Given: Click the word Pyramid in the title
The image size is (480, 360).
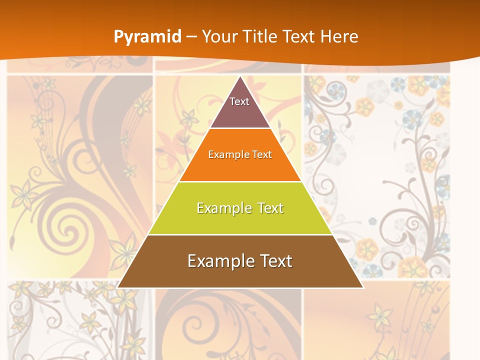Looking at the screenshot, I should pyautogui.click(x=147, y=36).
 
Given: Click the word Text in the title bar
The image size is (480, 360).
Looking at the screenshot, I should pyautogui.click(x=299, y=36).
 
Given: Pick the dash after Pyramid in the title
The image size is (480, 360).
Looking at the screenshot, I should pyautogui.click(x=191, y=37).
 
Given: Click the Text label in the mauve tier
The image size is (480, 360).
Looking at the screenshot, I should pyautogui.click(x=239, y=101).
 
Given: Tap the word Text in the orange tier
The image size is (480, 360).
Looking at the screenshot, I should pyautogui.click(x=262, y=154).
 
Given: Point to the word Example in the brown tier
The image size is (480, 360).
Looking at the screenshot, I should pyautogui.click(x=218, y=261).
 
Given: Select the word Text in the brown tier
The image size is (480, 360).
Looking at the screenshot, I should pyautogui.click(x=274, y=261).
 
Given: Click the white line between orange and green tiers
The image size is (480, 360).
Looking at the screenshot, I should pyautogui.click(x=240, y=181).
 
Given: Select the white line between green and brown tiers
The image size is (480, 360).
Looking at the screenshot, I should pyautogui.click(x=240, y=234).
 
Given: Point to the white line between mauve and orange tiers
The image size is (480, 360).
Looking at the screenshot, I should pyautogui.click(x=240, y=128).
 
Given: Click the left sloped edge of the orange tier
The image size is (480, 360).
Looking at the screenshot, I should pyautogui.click(x=194, y=155).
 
